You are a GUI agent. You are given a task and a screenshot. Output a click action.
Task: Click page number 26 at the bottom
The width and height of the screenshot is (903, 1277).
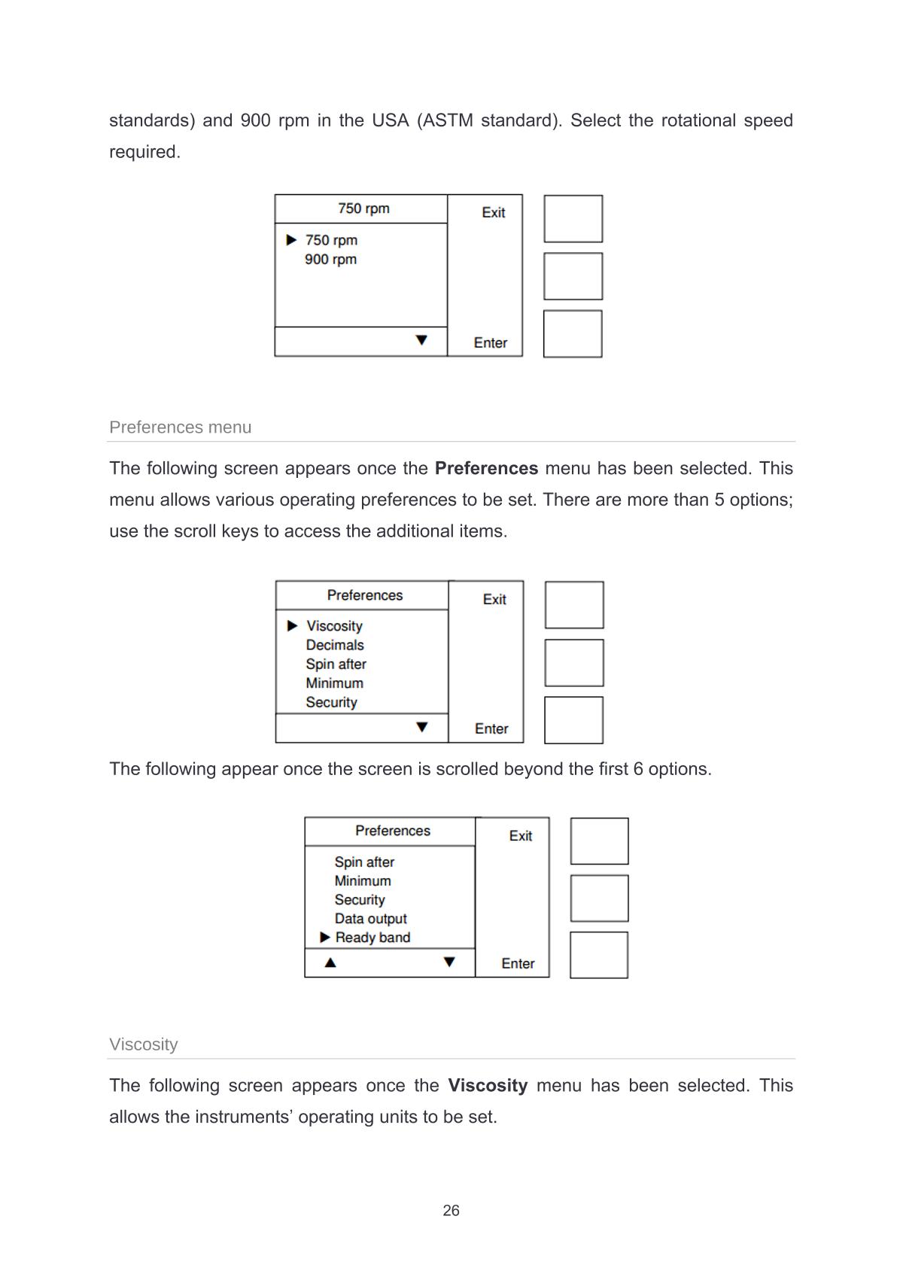451,1210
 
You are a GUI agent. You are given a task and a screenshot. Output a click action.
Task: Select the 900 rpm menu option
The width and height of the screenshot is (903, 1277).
330,260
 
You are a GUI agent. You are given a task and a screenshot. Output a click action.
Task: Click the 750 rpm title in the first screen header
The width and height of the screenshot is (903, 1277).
363,208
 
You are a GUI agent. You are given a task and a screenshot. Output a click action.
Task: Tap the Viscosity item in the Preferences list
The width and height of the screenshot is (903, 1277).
334,626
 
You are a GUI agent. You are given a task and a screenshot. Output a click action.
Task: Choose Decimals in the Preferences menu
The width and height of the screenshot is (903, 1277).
335,645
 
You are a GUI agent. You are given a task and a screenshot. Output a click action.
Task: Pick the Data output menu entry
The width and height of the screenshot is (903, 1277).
370,918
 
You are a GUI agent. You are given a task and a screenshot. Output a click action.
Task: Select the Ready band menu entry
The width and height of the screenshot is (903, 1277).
372,937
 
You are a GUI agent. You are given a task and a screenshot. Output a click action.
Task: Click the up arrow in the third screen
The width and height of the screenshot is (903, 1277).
330,962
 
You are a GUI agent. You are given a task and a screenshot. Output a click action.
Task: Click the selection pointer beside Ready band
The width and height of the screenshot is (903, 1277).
325,937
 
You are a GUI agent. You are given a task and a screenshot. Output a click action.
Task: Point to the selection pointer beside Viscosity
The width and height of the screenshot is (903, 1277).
293,626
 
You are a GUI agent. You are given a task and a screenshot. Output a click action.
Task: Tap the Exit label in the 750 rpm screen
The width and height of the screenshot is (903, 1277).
494,213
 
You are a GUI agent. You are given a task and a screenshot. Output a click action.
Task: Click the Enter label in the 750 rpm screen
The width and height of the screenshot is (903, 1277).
491,343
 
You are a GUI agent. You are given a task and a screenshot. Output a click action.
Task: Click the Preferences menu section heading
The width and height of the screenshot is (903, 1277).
181,427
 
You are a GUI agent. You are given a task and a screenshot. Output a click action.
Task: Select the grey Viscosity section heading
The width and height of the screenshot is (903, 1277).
144,1044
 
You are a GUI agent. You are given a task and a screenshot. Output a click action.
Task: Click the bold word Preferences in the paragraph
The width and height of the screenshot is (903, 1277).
486,468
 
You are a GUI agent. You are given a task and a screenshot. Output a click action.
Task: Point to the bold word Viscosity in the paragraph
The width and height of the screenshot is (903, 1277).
488,1085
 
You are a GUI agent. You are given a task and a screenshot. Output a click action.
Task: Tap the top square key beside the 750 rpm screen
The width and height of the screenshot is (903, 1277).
573,219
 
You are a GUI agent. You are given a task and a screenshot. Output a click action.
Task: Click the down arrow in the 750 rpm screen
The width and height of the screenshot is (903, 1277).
421,340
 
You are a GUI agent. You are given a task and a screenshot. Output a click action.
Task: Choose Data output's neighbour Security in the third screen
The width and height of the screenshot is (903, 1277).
360,899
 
